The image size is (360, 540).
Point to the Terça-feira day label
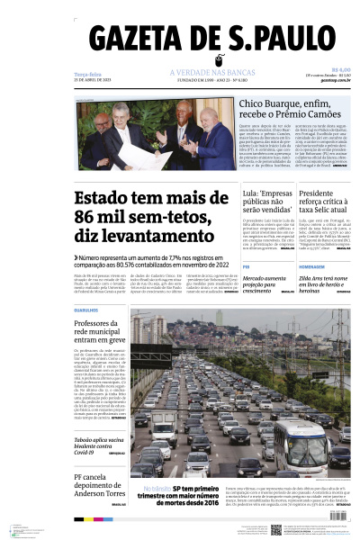[87, 74]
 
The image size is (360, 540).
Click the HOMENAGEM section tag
[311, 267]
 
